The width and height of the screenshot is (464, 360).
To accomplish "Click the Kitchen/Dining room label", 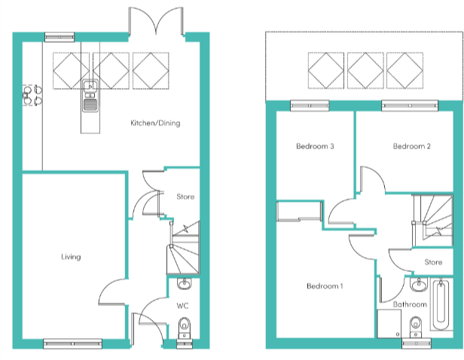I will coord(155,123).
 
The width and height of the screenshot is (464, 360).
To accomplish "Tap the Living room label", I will coord(71,258).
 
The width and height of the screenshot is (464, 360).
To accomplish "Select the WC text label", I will coord(182,307).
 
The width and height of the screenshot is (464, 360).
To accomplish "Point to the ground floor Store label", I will coord(185,197).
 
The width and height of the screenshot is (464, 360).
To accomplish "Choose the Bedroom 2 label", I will coord(411,147).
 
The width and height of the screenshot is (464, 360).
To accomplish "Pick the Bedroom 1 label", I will coord(325,286).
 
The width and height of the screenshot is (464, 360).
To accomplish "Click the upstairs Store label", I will coord(433,263).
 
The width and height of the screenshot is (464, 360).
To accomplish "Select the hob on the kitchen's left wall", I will coord(32,93).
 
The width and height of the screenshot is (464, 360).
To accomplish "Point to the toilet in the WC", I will coord(183,328).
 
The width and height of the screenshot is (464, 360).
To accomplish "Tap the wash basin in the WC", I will coord(184,285).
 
